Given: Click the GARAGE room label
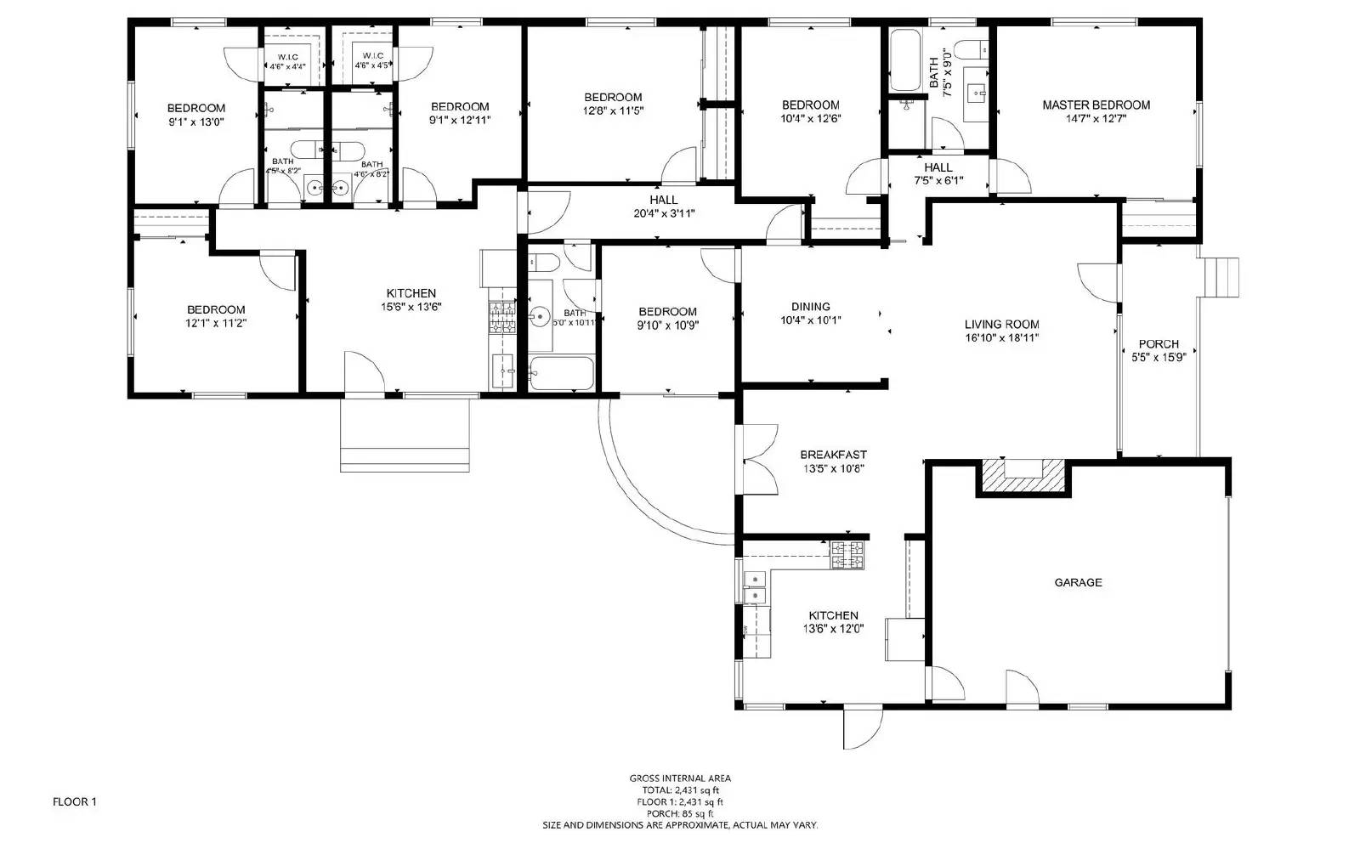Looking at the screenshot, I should point(1078,582).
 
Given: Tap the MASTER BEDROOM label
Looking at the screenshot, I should point(1096,105).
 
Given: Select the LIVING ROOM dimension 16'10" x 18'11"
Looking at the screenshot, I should point(1001,337).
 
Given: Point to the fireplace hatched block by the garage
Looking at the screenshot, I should point(1023,476).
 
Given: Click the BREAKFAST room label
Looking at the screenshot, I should point(833,455).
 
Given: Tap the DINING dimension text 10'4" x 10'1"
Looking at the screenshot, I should point(810,320).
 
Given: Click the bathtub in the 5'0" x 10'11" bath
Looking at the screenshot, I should point(561,373).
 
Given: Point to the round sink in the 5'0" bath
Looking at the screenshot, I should point(540,317).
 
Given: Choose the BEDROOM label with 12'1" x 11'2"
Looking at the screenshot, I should point(216,309).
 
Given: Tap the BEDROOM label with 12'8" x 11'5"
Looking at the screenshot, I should point(613,97).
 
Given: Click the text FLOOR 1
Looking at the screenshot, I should point(75,801).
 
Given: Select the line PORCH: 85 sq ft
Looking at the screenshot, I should point(679,813).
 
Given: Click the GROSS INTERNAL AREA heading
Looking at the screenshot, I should point(679,778).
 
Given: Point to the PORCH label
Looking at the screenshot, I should point(1159,344).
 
